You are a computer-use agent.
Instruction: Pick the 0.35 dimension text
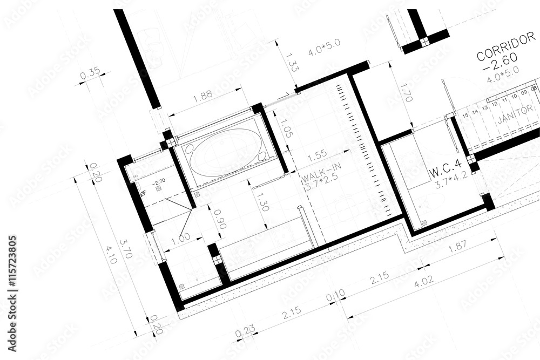point(90,76)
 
